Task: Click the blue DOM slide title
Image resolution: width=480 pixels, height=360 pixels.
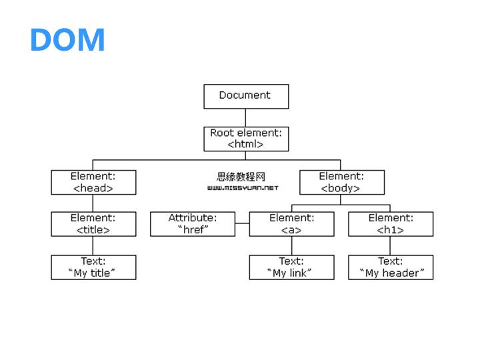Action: tap(67, 40)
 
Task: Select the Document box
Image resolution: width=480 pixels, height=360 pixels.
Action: tap(245, 96)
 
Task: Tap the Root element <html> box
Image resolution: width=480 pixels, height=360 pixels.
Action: tap(245, 139)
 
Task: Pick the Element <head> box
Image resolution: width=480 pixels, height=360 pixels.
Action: tap(93, 182)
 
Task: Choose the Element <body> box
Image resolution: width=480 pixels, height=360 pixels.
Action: tap(341, 182)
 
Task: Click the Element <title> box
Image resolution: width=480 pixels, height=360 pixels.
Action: tap(93, 224)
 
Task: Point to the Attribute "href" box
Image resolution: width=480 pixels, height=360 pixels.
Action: tap(192, 224)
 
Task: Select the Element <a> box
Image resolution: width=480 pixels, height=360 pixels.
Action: tap(291, 224)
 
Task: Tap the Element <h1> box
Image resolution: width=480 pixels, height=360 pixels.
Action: tap(390, 224)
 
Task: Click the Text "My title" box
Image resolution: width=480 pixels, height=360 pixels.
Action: tap(93, 267)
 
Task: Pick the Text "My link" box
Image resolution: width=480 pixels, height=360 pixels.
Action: tap(291, 267)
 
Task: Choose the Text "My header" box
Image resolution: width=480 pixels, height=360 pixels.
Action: tap(390, 267)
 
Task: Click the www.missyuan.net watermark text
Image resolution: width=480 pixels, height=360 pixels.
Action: tap(243, 188)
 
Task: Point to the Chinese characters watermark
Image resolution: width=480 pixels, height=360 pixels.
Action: tap(241, 177)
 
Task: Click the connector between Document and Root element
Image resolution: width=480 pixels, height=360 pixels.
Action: tap(245, 117)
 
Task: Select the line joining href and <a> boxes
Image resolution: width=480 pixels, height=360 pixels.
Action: tap(242, 224)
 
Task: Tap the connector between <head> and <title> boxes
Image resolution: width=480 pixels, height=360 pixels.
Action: tap(93, 203)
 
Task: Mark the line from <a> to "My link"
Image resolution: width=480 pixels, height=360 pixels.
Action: tap(291, 245)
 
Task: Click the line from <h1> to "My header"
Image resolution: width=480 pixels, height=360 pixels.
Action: tap(390, 245)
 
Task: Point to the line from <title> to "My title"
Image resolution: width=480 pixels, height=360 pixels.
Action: tap(93, 245)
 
